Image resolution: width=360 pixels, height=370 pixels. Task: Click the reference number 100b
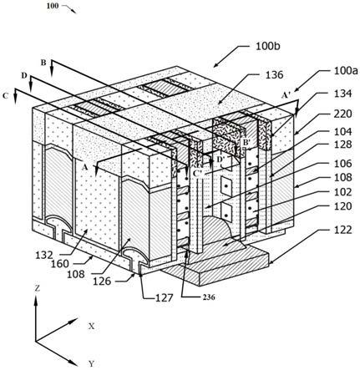click(x=268, y=47)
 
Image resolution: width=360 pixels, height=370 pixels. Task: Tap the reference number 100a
click(x=346, y=71)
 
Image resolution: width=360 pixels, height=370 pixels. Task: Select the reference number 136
click(x=274, y=74)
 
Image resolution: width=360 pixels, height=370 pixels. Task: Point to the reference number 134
click(x=342, y=94)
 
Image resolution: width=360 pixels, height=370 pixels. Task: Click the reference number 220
click(x=342, y=114)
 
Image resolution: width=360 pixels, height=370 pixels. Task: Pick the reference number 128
click(x=343, y=144)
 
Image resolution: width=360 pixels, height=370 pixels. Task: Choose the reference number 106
click(x=343, y=163)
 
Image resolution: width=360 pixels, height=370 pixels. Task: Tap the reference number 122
click(x=343, y=230)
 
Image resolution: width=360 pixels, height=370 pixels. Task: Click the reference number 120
click(x=343, y=206)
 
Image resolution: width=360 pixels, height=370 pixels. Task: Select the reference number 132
click(x=44, y=255)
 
